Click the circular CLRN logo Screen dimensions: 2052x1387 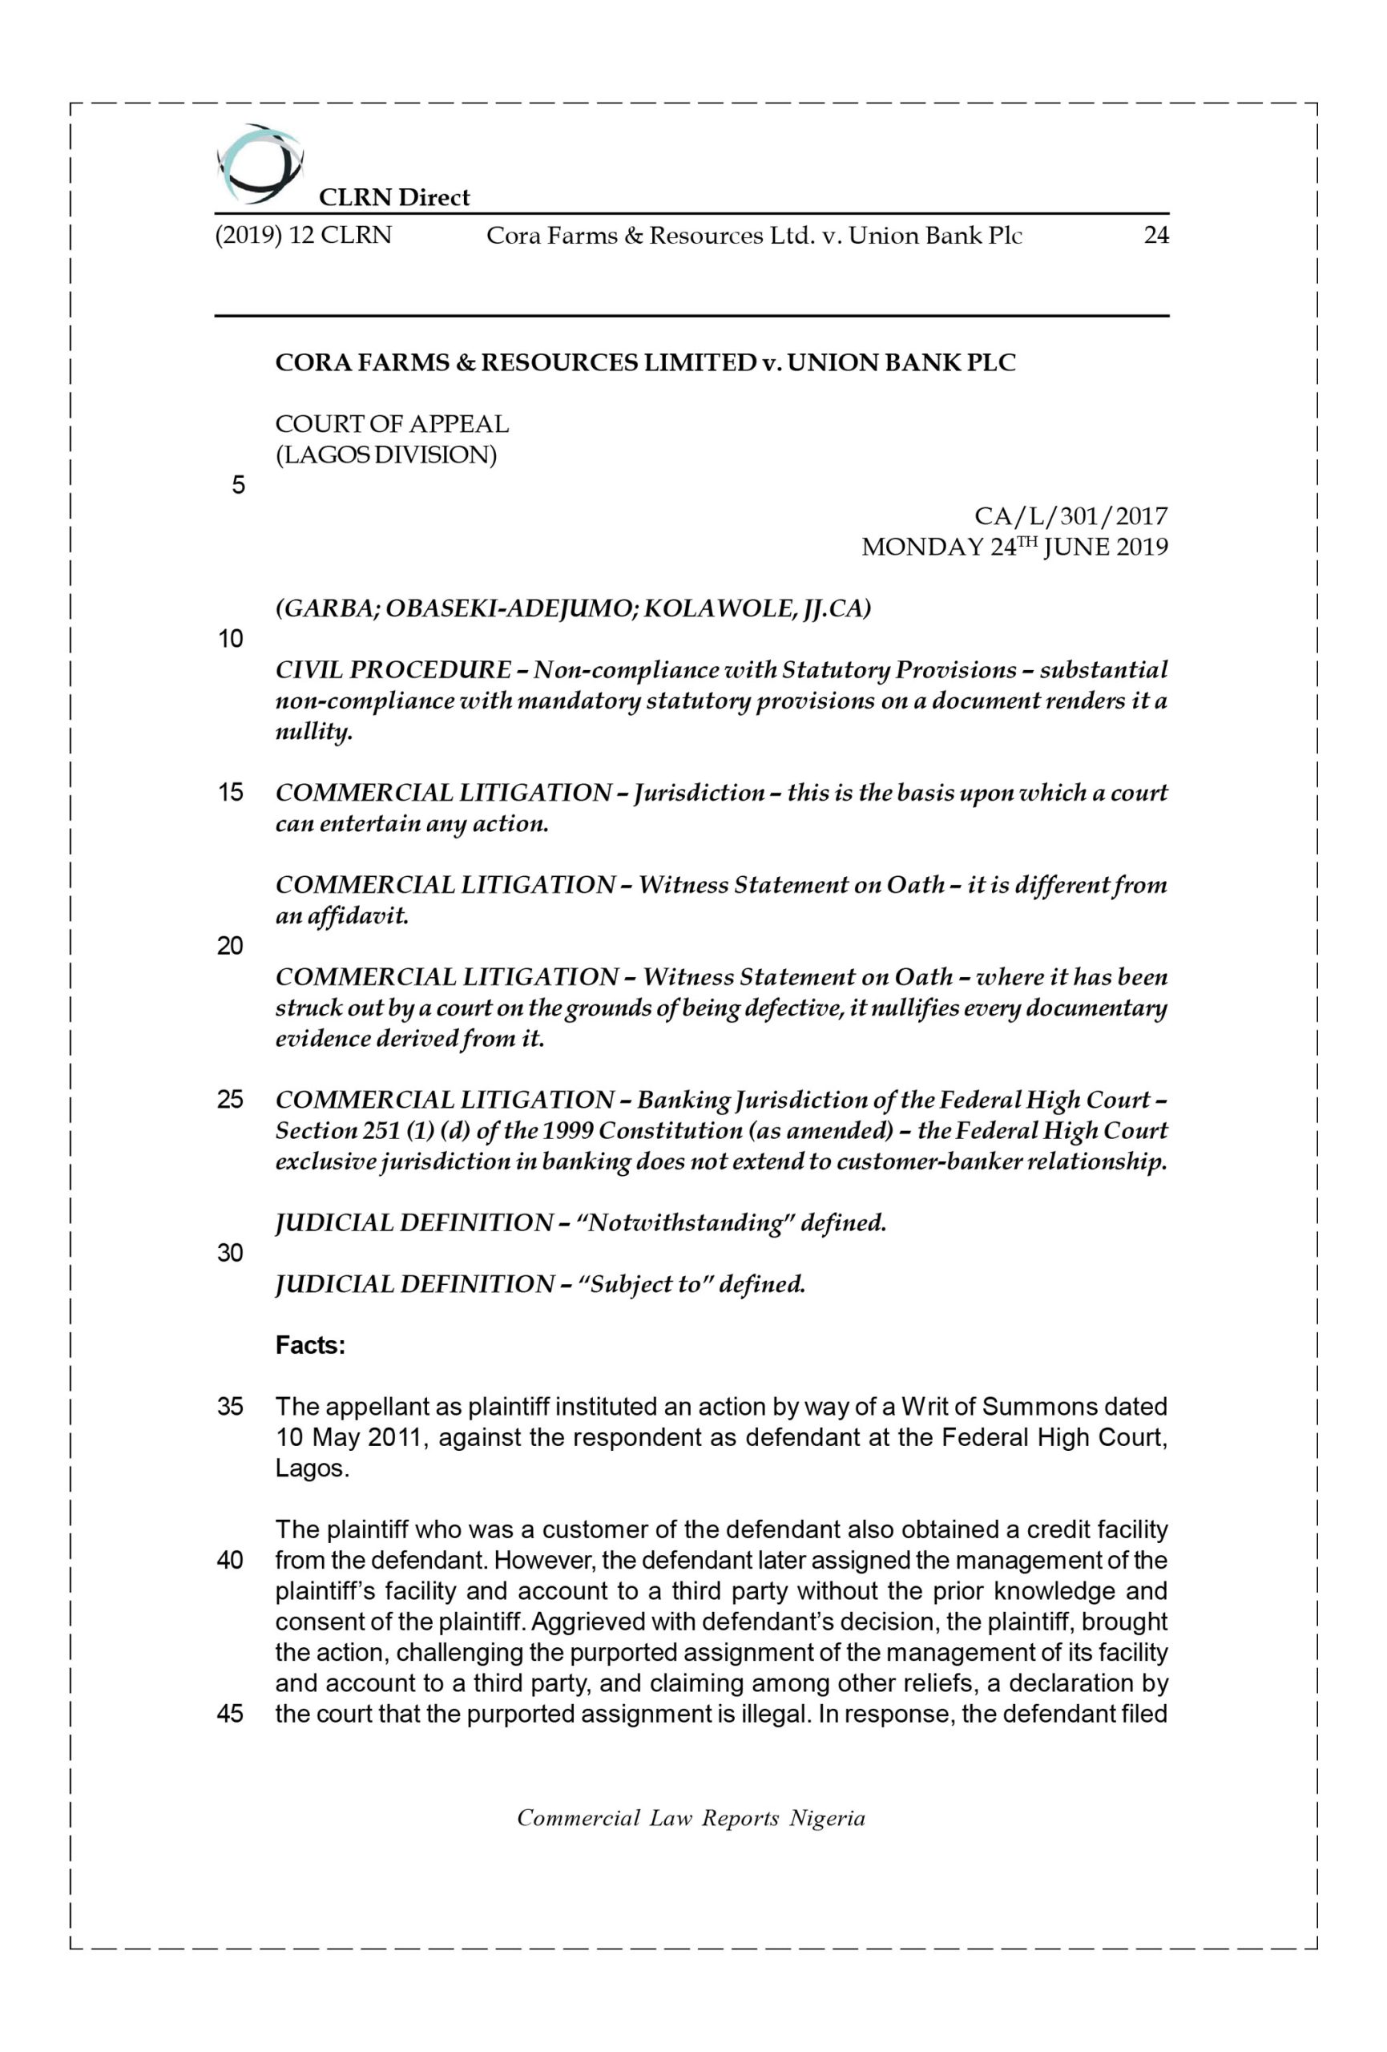coord(259,164)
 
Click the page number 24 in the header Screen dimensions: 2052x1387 coord(1155,236)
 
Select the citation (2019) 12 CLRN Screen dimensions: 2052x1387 coord(304,236)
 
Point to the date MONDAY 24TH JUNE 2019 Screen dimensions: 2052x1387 coord(1014,547)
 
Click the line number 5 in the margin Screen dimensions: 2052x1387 coord(237,486)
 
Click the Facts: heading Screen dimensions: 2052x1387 coord(310,1346)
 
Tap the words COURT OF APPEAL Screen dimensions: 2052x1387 coord(392,425)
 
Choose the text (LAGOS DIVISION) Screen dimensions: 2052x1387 coord(386,455)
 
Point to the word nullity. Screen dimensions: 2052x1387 coord(313,732)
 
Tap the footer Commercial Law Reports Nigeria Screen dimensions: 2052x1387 coord(691,1819)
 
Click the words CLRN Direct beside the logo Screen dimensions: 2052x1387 coord(393,198)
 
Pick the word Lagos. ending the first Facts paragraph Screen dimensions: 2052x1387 coord(312,1469)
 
